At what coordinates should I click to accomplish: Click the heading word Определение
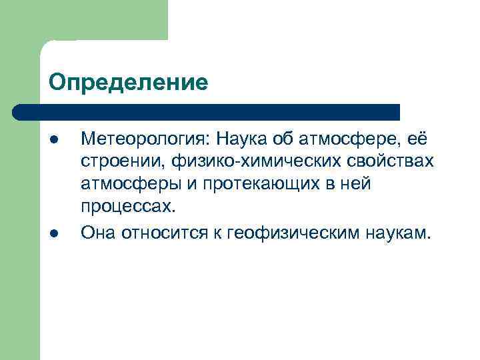(x=129, y=83)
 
